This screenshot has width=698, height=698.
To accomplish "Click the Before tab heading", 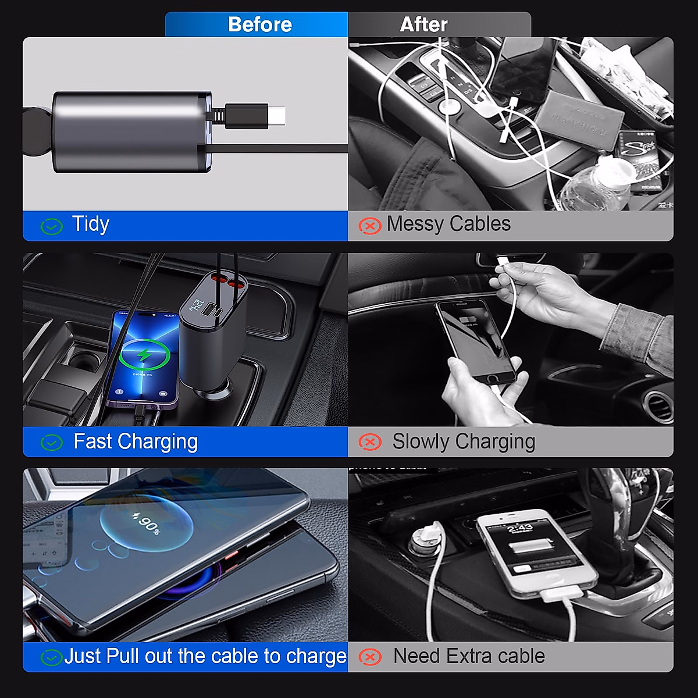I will [259, 24].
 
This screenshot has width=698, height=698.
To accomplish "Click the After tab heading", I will [423, 24].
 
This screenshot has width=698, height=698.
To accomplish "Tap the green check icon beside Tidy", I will [52, 226].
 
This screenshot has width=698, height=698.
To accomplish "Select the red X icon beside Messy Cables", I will [370, 225].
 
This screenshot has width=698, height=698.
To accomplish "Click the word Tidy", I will [91, 224].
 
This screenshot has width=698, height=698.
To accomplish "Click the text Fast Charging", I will [136, 441].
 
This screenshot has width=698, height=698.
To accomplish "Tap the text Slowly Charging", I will [464, 441].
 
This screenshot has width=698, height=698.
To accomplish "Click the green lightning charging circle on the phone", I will [144, 354].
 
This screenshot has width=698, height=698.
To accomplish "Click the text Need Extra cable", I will [469, 656].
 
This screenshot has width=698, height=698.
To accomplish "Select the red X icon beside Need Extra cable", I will [370, 657].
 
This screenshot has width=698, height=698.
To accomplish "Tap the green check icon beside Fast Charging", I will [52, 443].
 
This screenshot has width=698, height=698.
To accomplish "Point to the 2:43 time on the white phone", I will [519, 528].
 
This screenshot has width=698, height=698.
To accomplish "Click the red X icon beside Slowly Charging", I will [370, 442].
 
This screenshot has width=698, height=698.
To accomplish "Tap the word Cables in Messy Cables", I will [480, 224].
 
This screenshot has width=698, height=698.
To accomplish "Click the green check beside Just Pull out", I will [52, 658].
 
